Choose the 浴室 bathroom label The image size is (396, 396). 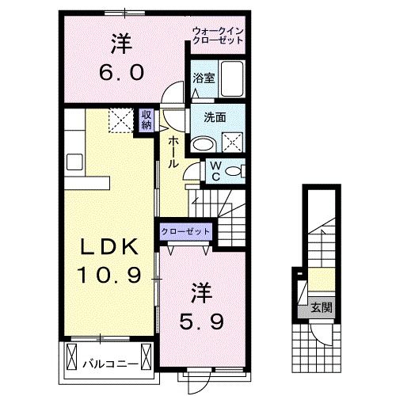coord(203,78)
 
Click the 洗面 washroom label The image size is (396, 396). coord(215,117)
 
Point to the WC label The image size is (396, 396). coord(215,171)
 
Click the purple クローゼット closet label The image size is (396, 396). coord(186,231)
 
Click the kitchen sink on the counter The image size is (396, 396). coord(75,162)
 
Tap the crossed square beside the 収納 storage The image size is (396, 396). coord(123,120)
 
